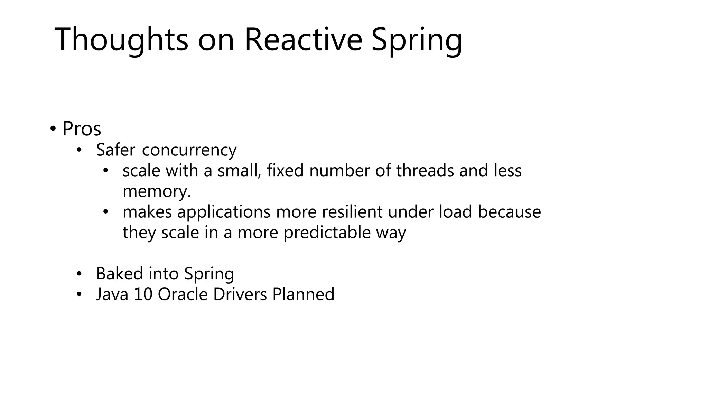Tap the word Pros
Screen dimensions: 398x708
[x=82, y=129]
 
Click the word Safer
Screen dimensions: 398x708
[x=115, y=150]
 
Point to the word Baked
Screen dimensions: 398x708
[x=120, y=274]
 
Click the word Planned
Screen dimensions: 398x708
[x=303, y=294]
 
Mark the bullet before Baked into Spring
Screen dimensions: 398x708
[x=79, y=274]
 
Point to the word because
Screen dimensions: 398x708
[x=509, y=212]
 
